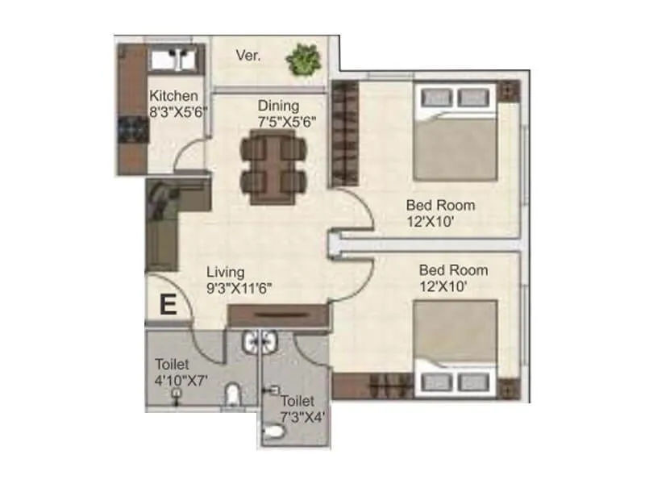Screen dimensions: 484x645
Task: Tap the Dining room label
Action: [x=278, y=106]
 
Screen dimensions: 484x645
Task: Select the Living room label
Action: [x=225, y=272]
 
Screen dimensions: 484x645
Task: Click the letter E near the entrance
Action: [x=168, y=305]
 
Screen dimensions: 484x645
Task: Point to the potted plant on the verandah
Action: [x=303, y=58]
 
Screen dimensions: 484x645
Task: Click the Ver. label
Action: [x=247, y=56]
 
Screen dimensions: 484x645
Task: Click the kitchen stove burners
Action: [x=129, y=129]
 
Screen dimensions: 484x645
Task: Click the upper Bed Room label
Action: [x=440, y=205]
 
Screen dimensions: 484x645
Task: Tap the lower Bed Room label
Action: [x=452, y=269]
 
